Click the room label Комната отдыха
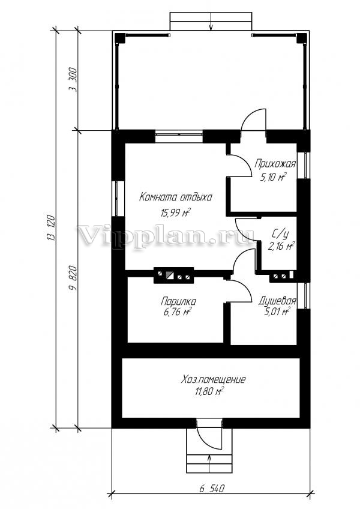(x=176, y=197)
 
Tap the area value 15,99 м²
(x=175, y=212)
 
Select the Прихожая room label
(x=275, y=164)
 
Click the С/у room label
(x=280, y=233)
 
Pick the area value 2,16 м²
(x=281, y=245)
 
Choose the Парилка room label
(x=178, y=301)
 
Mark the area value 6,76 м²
(x=177, y=313)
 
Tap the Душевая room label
(x=277, y=301)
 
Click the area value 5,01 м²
(x=277, y=312)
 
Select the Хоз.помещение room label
(x=213, y=379)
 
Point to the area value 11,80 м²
(x=209, y=392)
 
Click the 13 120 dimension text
(x=52, y=228)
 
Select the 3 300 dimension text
(x=73, y=80)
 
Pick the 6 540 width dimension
(x=212, y=489)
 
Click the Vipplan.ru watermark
(x=166, y=235)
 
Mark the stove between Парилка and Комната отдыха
(x=173, y=276)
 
